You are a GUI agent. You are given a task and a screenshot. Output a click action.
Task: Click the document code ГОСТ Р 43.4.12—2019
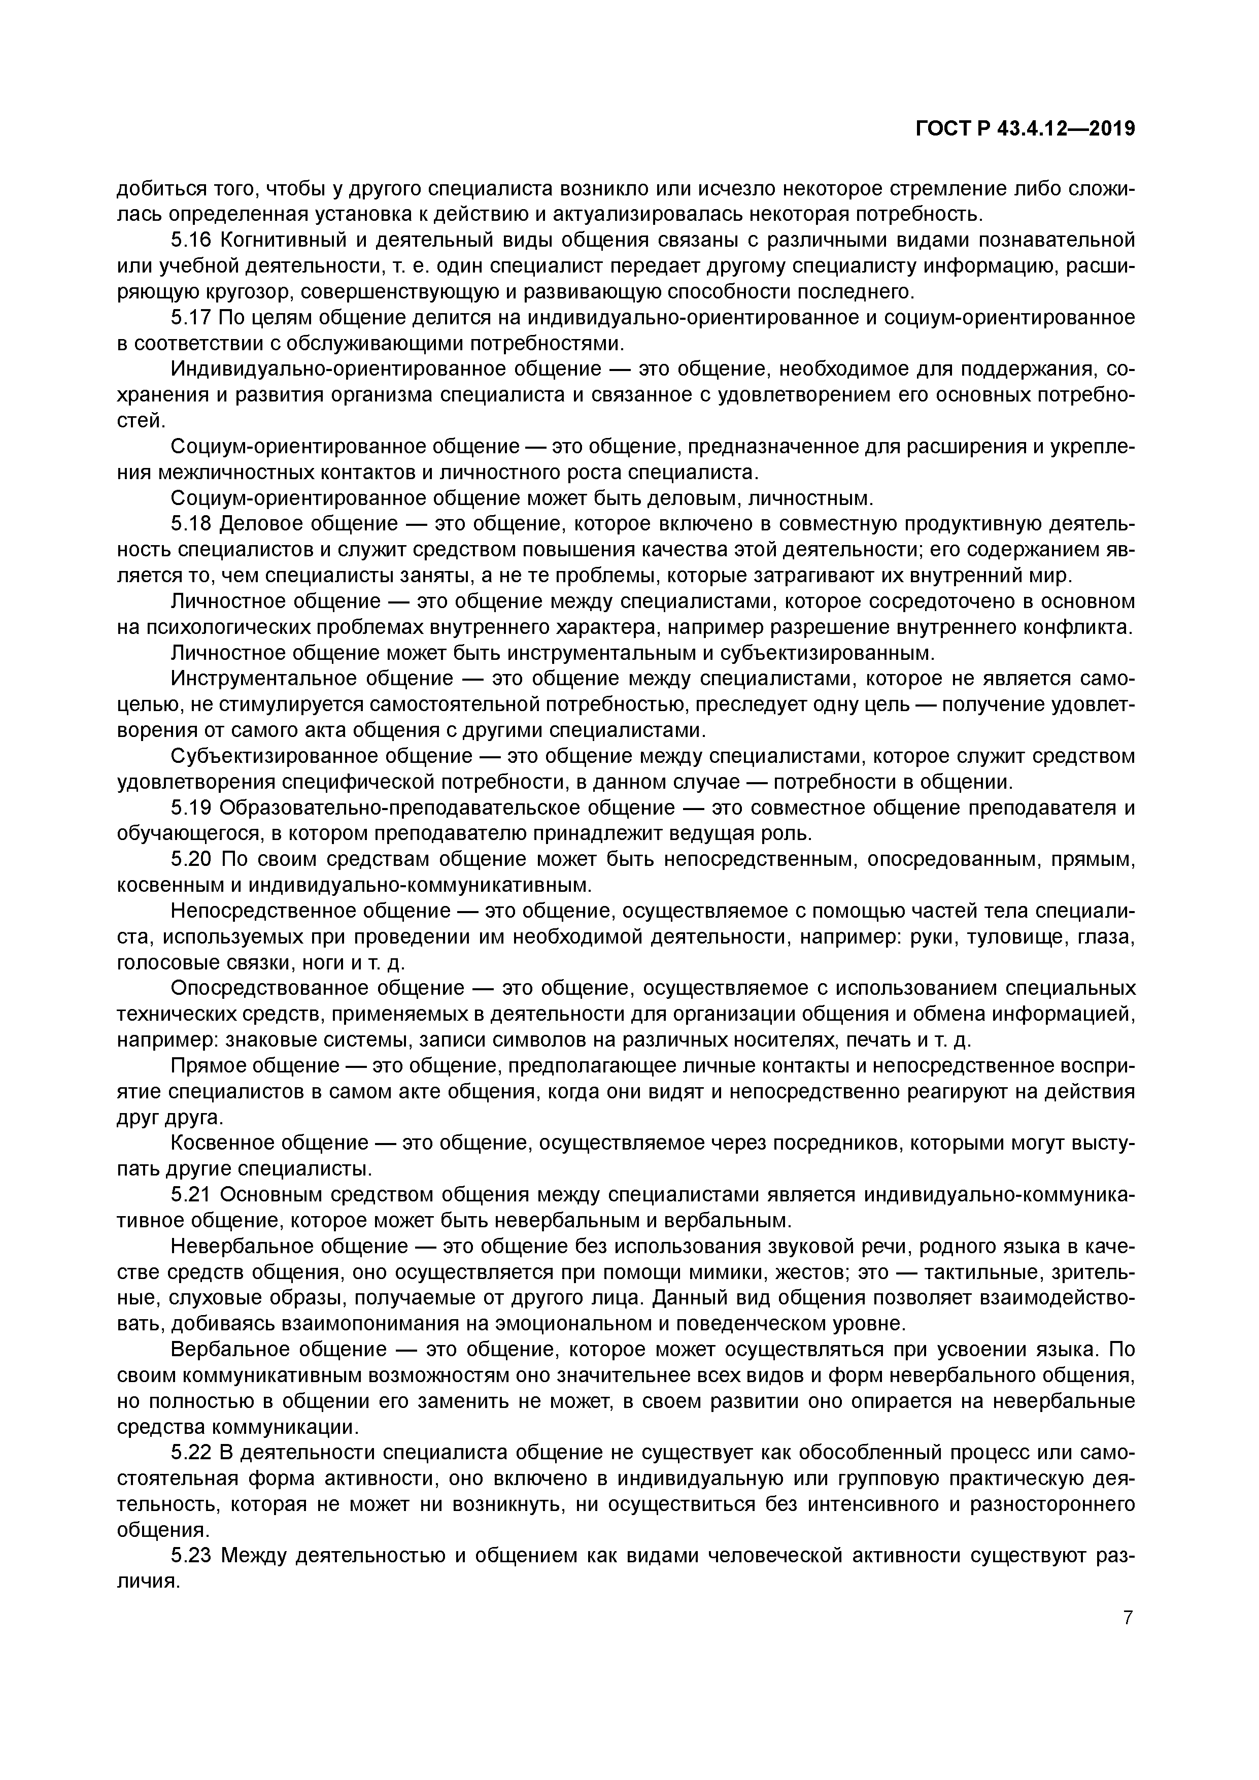pyautogui.click(x=1026, y=129)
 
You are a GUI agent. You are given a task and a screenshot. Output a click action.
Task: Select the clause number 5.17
pyautogui.click(x=191, y=318)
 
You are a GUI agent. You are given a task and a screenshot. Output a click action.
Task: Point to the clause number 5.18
pyautogui.click(x=191, y=524)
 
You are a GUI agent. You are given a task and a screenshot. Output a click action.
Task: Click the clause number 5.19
pyautogui.click(x=191, y=808)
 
